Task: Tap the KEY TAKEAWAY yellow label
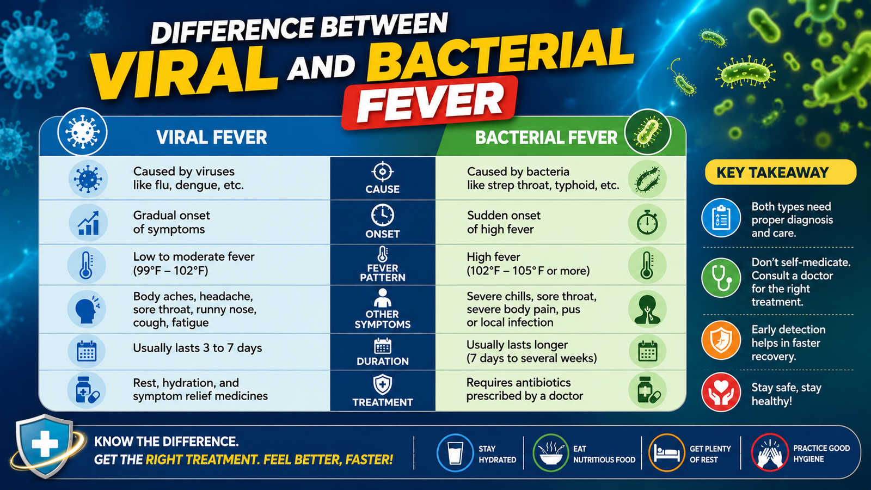(781, 172)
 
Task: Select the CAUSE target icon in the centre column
(383, 171)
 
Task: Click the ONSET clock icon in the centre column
(383, 215)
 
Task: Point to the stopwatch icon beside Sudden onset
(647, 223)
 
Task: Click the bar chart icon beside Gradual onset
(88, 223)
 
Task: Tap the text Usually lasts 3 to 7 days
(198, 348)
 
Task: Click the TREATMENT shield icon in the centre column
(383, 384)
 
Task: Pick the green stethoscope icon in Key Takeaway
(721, 278)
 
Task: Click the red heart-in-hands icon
(721, 393)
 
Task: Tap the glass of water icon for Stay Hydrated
(455, 452)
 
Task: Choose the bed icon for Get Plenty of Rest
(666, 452)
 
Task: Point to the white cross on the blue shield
(45, 444)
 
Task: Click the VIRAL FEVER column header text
(212, 137)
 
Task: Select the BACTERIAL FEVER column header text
(546, 138)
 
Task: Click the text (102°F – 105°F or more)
(528, 271)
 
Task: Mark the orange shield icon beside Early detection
(721, 340)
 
